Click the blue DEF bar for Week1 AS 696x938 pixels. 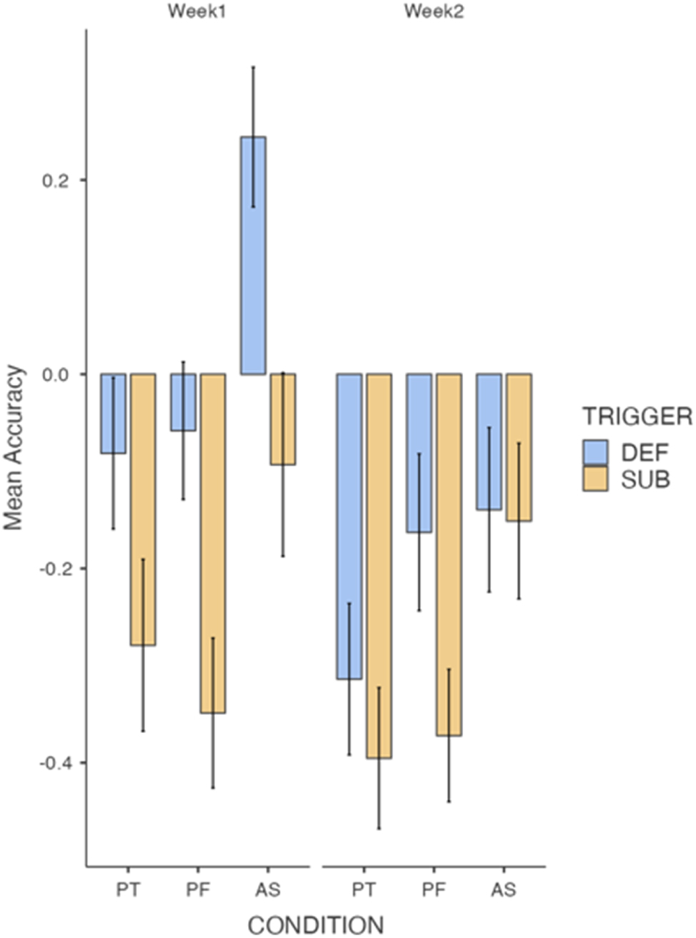(253, 255)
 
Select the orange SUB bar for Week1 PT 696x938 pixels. (143, 509)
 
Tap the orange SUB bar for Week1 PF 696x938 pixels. (213, 543)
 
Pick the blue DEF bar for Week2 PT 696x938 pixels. (349, 526)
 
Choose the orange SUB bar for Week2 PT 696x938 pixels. (379, 565)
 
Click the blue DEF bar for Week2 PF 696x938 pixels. (419, 453)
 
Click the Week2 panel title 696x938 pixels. (433, 12)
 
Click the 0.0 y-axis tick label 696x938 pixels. (54, 374)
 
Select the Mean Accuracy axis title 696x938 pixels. (14, 448)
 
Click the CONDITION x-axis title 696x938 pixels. (315, 925)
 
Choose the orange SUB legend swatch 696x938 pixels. (595, 479)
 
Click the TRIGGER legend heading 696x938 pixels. (637, 416)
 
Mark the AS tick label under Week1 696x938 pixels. (268, 890)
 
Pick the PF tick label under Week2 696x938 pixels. (433, 890)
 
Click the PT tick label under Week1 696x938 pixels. (129, 890)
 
